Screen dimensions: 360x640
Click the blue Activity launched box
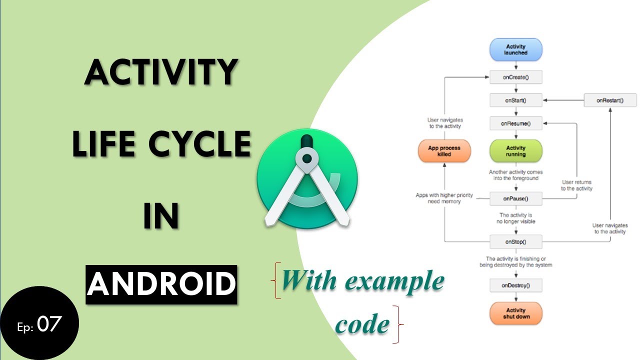click(x=515, y=49)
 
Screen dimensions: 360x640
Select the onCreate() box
click(x=515, y=77)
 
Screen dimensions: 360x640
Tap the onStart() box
click(x=515, y=100)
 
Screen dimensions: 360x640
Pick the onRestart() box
click(x=610, y=100)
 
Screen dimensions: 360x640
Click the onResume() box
click(x=515, y=123)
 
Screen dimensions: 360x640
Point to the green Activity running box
click(x=515, y=151)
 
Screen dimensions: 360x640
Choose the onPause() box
click(x=515, y=199)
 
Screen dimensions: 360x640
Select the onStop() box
click(x=515, y=242)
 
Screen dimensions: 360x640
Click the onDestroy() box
click(x=515, y=286)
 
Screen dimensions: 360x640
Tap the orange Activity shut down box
click(x=515, y=313)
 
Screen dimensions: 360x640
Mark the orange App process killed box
click(x=444, y=151)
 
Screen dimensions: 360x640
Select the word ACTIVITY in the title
click(x=160, y=72)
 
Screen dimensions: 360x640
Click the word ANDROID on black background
click(x=161, y=284)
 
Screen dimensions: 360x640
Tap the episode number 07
click(x=49, y=324)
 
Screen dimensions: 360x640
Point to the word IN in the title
click(x=161, y=216)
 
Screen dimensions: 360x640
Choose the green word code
click(x=362, y=324)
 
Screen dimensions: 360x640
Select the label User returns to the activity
click(x=576, y=185)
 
